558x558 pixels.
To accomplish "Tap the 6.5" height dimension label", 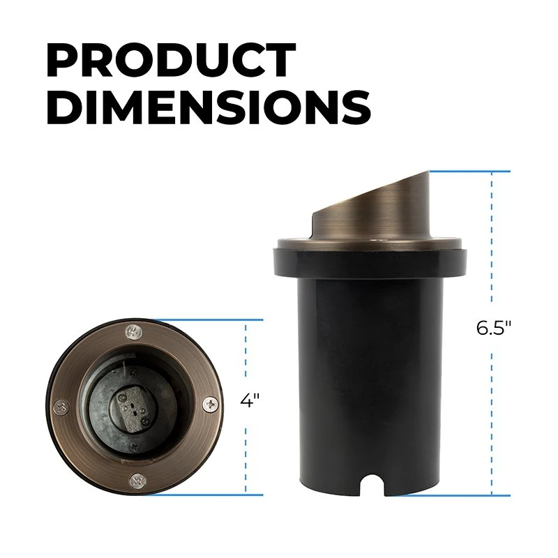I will (495, 329).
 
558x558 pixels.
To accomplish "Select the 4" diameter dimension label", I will (250, 401).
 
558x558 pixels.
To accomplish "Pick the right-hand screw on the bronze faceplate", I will (210, 403).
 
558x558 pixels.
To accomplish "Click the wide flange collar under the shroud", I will (370, 255).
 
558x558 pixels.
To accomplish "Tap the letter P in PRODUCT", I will (61, 61).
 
